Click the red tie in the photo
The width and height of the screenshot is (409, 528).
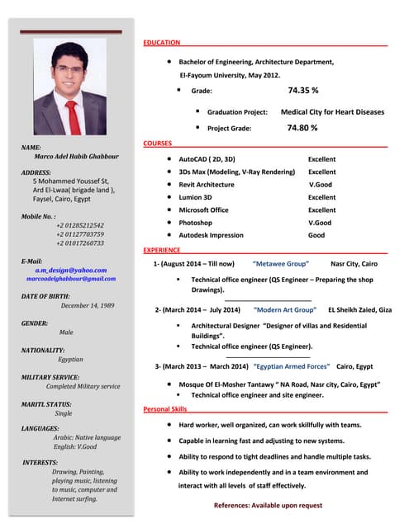tap(74, 115)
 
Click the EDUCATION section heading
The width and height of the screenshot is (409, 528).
tap(162, 41)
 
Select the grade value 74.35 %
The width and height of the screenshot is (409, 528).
tap(303, 90)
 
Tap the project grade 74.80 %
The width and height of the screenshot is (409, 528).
tap(302, 128)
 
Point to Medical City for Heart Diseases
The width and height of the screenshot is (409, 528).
tap(332, 111)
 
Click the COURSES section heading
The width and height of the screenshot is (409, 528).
tap(158, 144)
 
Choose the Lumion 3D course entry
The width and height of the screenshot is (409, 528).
tap(196, 197)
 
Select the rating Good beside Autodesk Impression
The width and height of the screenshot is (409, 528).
tap(316, 235)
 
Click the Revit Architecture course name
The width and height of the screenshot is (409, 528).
tap(207, 185)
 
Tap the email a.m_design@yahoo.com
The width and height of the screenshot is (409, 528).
tap(71, 270)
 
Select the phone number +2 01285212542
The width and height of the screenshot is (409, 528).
tap(80, 225)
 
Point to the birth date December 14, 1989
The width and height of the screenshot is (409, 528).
tap(87, 305)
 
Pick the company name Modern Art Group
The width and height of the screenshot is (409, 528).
tap(285, 310)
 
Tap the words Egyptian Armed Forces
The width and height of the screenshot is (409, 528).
tap(292, 365)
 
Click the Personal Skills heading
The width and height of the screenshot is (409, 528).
tap(165, 409)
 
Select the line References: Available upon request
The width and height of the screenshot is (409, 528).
tap(268, 505)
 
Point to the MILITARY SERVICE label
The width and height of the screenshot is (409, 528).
tap(50, 377)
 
